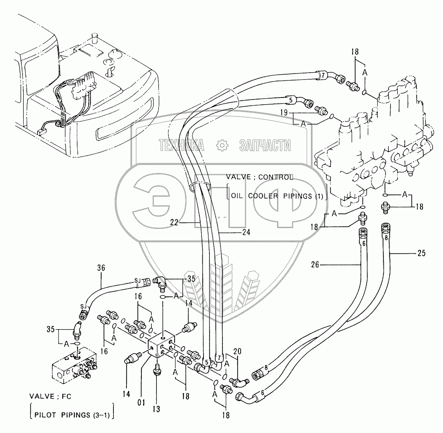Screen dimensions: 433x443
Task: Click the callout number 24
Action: click(246, 232)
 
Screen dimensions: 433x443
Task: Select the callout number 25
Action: click(421, 253)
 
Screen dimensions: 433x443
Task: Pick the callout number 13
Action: click(156, 409)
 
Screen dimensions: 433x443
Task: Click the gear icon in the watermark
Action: click(222, 145)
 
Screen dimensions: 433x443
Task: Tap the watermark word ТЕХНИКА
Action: click(181, 146)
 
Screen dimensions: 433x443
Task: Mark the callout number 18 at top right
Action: click(354, 52)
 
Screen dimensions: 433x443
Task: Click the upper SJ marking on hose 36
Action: click(138, 280)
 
